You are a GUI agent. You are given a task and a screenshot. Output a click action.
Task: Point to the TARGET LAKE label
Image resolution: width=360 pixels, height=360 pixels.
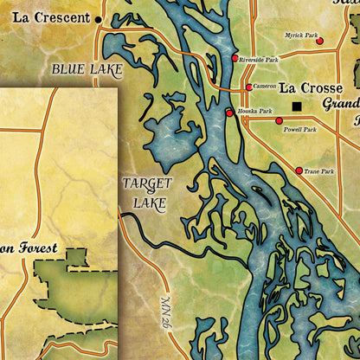[146, 192]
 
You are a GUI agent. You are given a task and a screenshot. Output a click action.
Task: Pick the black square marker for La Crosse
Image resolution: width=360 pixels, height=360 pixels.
[297, 106]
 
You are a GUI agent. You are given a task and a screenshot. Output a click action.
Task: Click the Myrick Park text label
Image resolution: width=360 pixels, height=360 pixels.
[301, 36]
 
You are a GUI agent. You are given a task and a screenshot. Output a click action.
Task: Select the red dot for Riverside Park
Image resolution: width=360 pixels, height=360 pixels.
[235, 58]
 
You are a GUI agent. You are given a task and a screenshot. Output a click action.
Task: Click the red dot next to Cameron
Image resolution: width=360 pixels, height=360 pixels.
[248, 87]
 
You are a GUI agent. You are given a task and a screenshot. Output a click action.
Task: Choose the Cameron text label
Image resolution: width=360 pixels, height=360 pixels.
[264, 87]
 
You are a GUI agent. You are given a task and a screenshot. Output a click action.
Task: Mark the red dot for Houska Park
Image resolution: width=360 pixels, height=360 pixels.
[229, 112]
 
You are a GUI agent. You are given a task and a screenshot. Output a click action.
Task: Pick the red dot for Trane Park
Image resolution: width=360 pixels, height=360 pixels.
[299, 170]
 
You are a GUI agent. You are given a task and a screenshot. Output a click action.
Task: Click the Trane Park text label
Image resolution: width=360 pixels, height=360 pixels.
[318, 171]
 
